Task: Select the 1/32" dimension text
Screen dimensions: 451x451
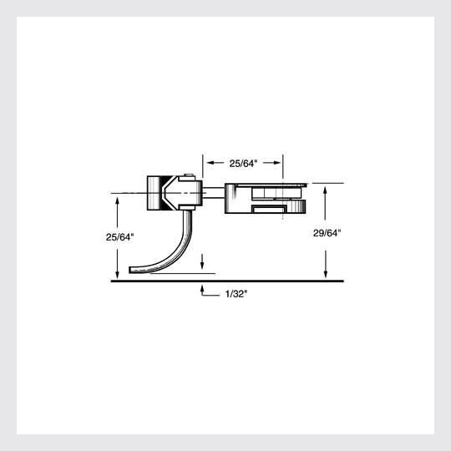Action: [x=236, y=293]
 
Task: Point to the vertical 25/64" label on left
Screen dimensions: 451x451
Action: [x=120, y=237]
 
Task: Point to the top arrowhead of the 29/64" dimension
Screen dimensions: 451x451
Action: [x=326, y=188]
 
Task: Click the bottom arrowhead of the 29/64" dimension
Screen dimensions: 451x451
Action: [x=326, y=275]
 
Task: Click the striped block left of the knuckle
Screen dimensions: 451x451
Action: [x=154, y=193]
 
